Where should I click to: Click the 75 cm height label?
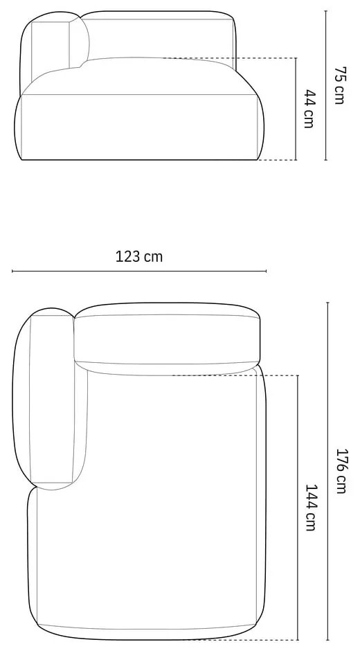pyautogui.click(x=339, y=85)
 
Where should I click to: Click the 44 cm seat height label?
pyautogui.click(x=309, y=109)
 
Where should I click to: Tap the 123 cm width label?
pyautogui.click(x=139, y=256)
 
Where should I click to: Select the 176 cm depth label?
pyautogui.click(x=340, y=471)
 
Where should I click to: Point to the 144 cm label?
pyautogui.click(x=310, y=507)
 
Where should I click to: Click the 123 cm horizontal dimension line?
pyautogui.click(x=138, y=271)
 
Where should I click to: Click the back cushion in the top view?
pyautogui.click(x=166, y=339)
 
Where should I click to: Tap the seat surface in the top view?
pyautogui.click(x=173, y=499)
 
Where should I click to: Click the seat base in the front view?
pyautogui.click(x=138, y=128)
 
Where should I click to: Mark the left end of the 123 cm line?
pyautogui.click(x=12, y=271)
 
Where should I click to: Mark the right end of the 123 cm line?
pyautogui.click(x=266, y=271)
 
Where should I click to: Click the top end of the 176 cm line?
pyautogui.click(x=327, y=303)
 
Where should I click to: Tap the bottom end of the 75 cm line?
pyautogui.click(x=327, y=160)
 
